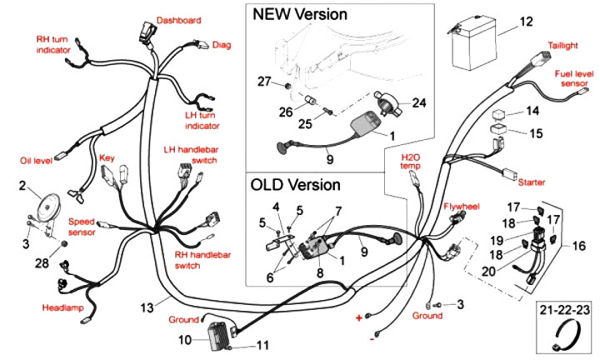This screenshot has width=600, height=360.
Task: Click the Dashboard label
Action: coord(179,19)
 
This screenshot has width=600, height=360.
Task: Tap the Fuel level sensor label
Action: coord(575,78)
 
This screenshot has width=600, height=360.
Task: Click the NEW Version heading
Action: coord(300,14)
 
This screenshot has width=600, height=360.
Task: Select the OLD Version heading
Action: coord(296,184)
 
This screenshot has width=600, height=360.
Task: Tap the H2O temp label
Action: coord(412,161)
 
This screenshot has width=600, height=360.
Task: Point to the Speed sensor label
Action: coord(82,227)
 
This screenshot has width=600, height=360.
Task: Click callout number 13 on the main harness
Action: coord(147,307)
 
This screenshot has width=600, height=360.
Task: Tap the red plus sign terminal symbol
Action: coord(359,318)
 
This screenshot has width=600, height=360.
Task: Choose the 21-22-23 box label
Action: coord(565,309)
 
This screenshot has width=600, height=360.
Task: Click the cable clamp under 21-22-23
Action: coord(566,337)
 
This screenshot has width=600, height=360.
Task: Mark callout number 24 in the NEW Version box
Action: coord(418,103)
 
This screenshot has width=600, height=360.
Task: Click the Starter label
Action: coord(531,181)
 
